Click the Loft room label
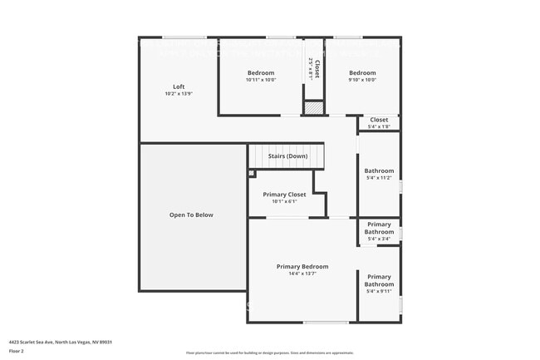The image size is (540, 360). click(x=179, y=86)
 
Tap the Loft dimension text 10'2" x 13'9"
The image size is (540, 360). click(x=179, y=94)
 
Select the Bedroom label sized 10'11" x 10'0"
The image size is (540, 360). click(x=260, y=73)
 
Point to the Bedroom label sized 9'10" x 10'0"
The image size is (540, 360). click(x=362, y=73)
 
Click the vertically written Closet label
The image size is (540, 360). click(x=317, y=66)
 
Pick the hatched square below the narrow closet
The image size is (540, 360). click(x=312, y=107)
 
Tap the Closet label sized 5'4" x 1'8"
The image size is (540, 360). click(x=379, y=120)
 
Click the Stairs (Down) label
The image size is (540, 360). click(x=287, y=156)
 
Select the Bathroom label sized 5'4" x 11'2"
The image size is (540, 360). click(x=379, y=170)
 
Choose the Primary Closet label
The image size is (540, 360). click(x=284, y=195)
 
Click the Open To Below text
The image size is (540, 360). click(x=191, y=215)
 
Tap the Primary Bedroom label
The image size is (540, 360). click(x=302, y=266)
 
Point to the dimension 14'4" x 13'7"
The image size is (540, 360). click(x=302, y=274)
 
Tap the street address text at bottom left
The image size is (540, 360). click(x=61, y=342)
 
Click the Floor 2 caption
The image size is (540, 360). click(x=17, y=352)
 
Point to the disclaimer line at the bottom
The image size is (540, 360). click(x=269, y=353)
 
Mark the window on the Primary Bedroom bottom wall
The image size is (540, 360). click(x=326, y=323)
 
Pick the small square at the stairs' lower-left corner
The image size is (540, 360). click(x=250, y=173)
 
